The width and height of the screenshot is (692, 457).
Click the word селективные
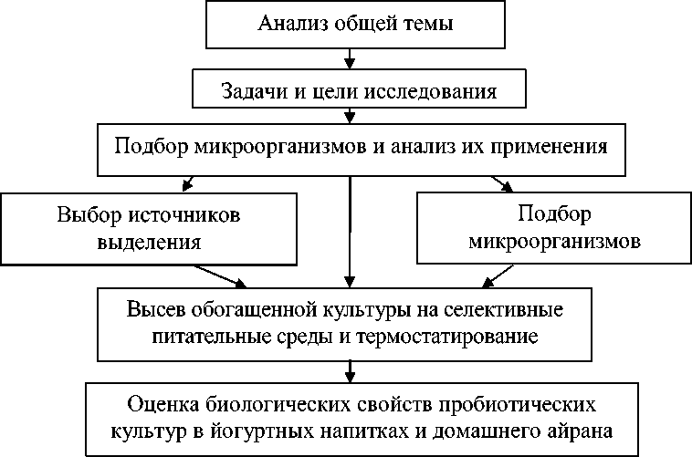[x=508, y=309]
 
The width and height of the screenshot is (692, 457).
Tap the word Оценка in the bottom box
[x=161, y=402]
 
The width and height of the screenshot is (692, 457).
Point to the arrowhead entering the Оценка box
[x=350, y=375]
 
